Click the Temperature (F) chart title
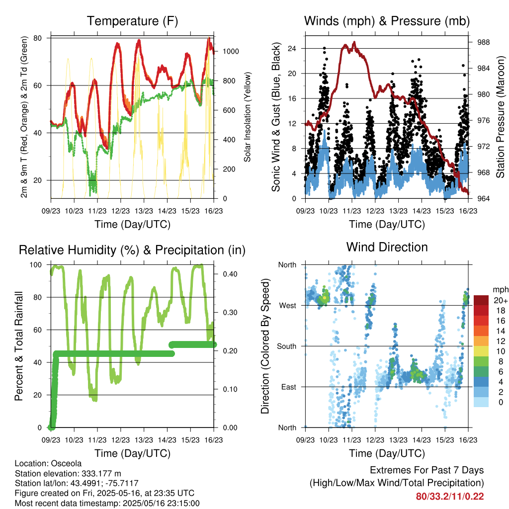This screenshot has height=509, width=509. tap(132, 21)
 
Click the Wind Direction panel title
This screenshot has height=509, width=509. tap(387, 247)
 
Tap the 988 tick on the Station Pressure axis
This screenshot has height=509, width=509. tap(483, 42)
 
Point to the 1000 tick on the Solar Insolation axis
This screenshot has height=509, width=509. tap(231, 51)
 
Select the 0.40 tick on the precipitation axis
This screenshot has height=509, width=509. tap(230, 274)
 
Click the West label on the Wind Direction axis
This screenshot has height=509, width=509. tap(288, 306)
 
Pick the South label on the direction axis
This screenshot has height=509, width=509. tap(287, 346)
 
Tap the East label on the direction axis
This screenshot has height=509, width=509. tap(289, 387)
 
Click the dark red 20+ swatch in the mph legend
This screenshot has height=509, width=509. tap(481, 300)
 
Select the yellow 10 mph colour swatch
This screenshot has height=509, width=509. tap(481, 351)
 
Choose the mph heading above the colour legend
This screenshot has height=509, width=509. tap(501, 290)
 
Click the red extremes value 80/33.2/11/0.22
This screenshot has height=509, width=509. tap(450, 497)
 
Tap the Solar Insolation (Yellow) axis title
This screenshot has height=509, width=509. tap(248, 117)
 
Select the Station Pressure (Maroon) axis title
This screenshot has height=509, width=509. tap(500, 117)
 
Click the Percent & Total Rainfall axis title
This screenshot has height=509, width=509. tap(19, 346)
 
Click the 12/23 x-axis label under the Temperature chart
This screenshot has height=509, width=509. tap(120, 211)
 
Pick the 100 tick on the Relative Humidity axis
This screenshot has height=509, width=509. tap(36, 265)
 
